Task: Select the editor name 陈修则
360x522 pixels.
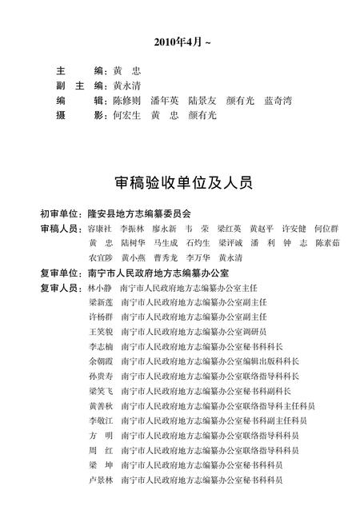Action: (x=129, y=100)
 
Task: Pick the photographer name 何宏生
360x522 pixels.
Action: (x=129, y=115)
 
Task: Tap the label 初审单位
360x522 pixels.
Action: (x=61, y=214)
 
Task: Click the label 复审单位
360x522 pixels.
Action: (x=61, y=273)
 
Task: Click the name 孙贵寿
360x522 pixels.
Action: (x=102, y=376)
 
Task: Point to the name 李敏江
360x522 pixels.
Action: (x=102, y=420)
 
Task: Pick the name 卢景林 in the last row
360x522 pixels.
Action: (x=102, y=480)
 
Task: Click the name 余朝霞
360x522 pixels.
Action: (x=102, y=361)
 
